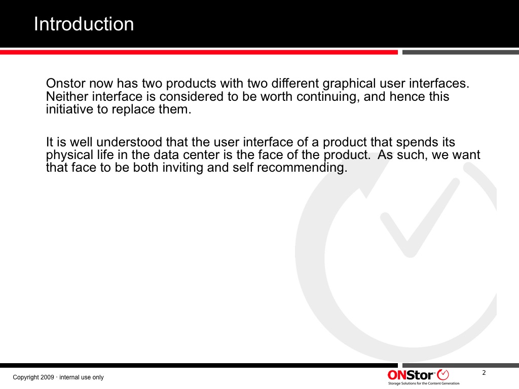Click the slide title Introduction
(84, 24)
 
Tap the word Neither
(67, 97)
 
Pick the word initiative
(69, 109)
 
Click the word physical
(69, 155)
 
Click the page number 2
(484, 373)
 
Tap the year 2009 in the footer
(47, 377)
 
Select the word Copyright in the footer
(26, 378)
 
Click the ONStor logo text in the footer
(411, 375)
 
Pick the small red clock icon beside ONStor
(443, 375)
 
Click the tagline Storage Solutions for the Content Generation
(424, 383)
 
